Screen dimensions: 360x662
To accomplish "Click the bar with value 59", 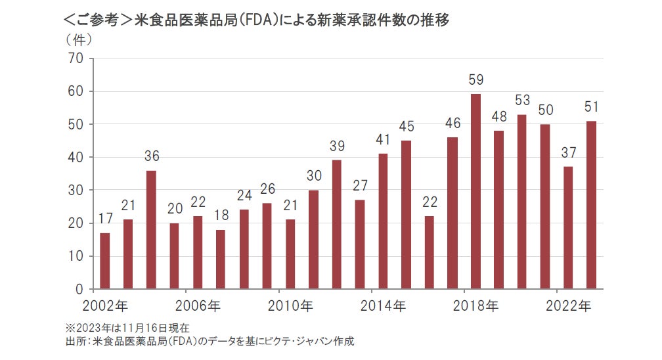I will coord(476,191).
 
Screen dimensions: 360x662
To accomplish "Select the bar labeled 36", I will coord(151,229).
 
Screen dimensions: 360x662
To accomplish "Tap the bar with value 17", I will coord(104,261).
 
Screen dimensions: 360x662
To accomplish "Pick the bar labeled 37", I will coord(568,227).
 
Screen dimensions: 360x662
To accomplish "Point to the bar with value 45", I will coord(407,214).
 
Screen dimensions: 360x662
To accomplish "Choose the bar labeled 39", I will coord(337,224).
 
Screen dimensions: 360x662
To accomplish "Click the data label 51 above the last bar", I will coord(591,107).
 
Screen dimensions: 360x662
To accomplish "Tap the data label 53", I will coord(522,101).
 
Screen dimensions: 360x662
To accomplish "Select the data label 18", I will coord(221,215).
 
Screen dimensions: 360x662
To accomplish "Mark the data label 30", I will coord(313,176).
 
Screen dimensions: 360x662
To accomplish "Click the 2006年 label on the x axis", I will coord(198,305).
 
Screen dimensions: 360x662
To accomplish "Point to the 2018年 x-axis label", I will coord(476,305).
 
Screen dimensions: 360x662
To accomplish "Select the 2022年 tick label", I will coord(569,305).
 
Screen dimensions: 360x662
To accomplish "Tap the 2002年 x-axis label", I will coord(106,305).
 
